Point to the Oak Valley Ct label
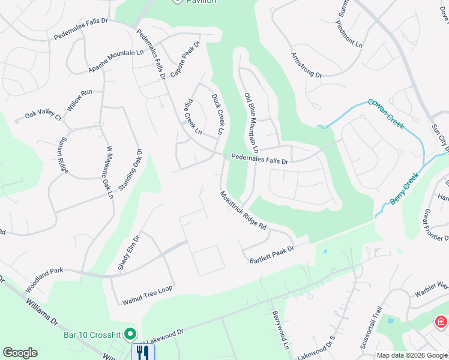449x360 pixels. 43,114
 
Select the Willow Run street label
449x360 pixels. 79,100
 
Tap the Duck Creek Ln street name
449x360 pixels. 217,114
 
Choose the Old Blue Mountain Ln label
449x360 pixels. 251,122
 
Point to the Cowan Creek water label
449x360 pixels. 386,114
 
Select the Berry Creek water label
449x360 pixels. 403,188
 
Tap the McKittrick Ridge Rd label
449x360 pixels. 243,211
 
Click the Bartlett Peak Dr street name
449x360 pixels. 272,254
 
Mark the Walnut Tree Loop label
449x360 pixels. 147,289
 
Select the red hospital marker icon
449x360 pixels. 441,323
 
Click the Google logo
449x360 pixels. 20,353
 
